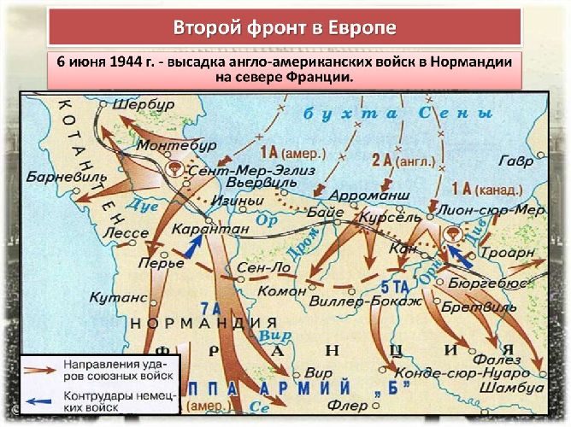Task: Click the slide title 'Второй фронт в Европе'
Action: point(285,28)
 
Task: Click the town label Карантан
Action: point(209,229)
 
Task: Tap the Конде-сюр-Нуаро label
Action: point(446,372)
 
